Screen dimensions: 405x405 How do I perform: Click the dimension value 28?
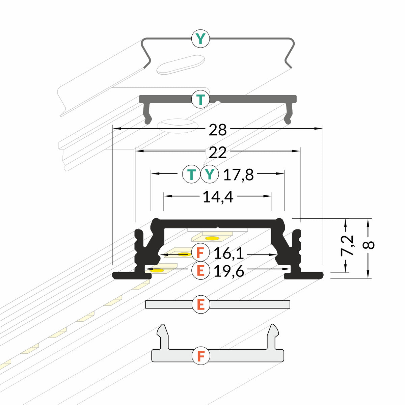pyautogui.click(x=218, y=130)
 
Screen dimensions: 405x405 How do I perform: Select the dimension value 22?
pyautogui.click(x=218, y=153)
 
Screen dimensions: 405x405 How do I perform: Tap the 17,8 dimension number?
pyautogui.click(x=238, y=174)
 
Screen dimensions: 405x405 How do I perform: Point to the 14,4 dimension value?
pyautogui.click(x=218, y=197)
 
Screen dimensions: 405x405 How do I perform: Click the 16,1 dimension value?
pyautogui.click(x=229, y=253)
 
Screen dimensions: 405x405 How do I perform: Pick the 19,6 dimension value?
pyautogui.click(x=229, y=271)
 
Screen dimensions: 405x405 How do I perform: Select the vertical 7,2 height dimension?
pyautogui.click(x=347, y=246)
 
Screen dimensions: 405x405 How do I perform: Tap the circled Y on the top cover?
pyautogui.click(x=200, y=39)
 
